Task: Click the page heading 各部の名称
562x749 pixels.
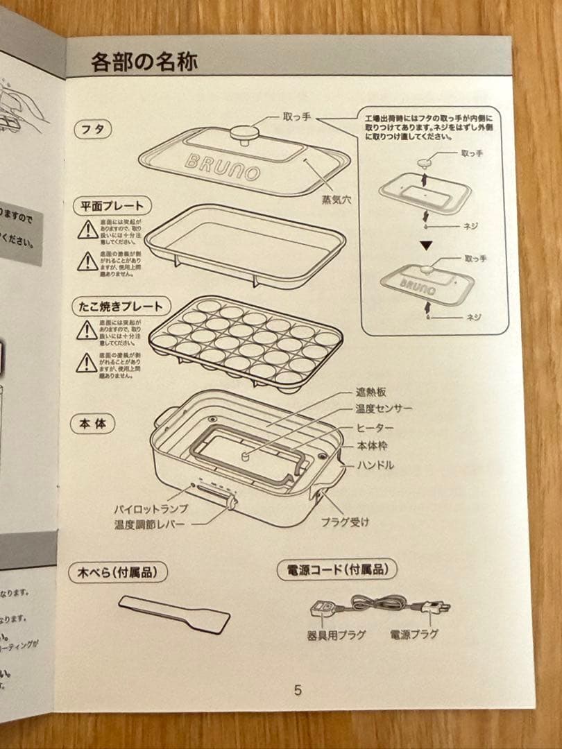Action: pos(144,62)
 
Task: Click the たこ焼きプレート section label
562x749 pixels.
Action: pos(121,306)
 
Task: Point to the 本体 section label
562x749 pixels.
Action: pos(92,423)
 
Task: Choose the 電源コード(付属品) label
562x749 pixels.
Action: pos(337,570)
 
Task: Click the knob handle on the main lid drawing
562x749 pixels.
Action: pos(244,132)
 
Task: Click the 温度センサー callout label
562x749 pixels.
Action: pos(384,409)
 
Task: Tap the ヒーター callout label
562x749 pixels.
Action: pos(375,428)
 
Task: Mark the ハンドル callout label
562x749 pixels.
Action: pos(375,465)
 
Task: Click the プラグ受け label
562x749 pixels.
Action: pos(345,522)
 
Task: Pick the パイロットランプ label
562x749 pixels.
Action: pos(151,508)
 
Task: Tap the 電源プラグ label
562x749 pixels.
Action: pos(414,634)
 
